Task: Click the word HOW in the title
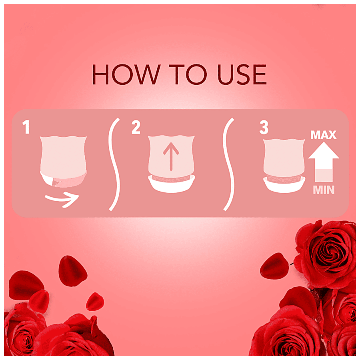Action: click(126, 74)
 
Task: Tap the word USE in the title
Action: click(242, 74)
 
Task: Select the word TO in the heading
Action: click(188, 74)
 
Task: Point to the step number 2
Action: click(136, 127)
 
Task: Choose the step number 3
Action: click(264, 128)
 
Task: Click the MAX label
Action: click(324, 135)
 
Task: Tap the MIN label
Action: click(324, 190)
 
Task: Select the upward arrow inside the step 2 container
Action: click(171, 156)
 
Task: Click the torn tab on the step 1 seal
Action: click(55, 182)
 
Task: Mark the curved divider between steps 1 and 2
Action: click(114, 164)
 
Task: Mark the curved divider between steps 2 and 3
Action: click(228, 164)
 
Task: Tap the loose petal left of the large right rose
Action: click(274, 266)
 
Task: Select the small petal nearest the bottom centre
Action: click(95, 302)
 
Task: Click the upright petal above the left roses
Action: click(72, 271)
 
